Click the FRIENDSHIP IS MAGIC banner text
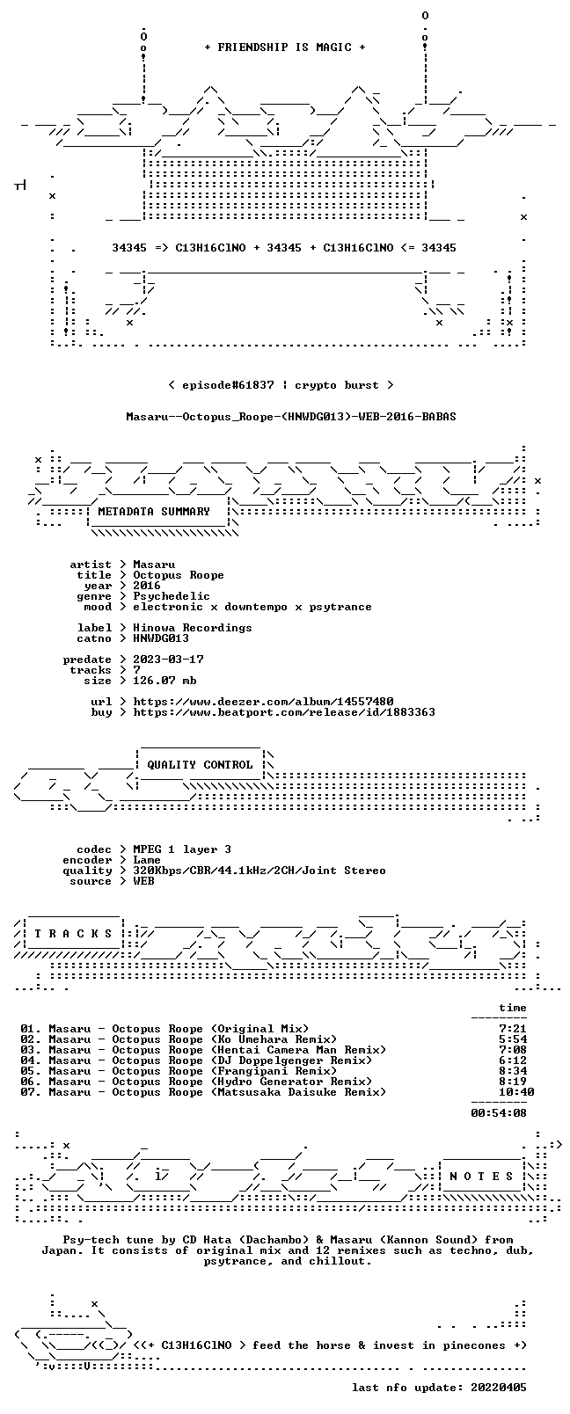point(285,47)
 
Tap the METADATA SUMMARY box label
point(154,511)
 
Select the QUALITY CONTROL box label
point(200,764)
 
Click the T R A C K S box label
point(73,934)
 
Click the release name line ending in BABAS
point(291,417)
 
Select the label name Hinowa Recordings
point(193,628)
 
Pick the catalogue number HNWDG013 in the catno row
point(161,638)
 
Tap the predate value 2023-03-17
point(168,659)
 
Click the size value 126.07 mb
point(164,681)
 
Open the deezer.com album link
point(263,702)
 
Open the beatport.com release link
point(284,712)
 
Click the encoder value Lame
point(146,860)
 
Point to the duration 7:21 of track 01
point(513,1028)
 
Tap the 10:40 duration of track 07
point(516,1091)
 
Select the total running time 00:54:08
point(499,1113)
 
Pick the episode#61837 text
point(228,385)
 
